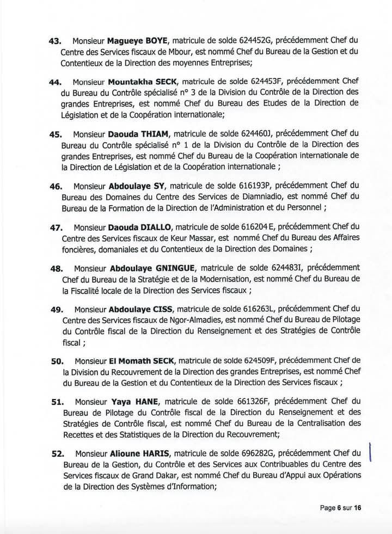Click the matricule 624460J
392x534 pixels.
247,133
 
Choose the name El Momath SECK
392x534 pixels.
139,360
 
